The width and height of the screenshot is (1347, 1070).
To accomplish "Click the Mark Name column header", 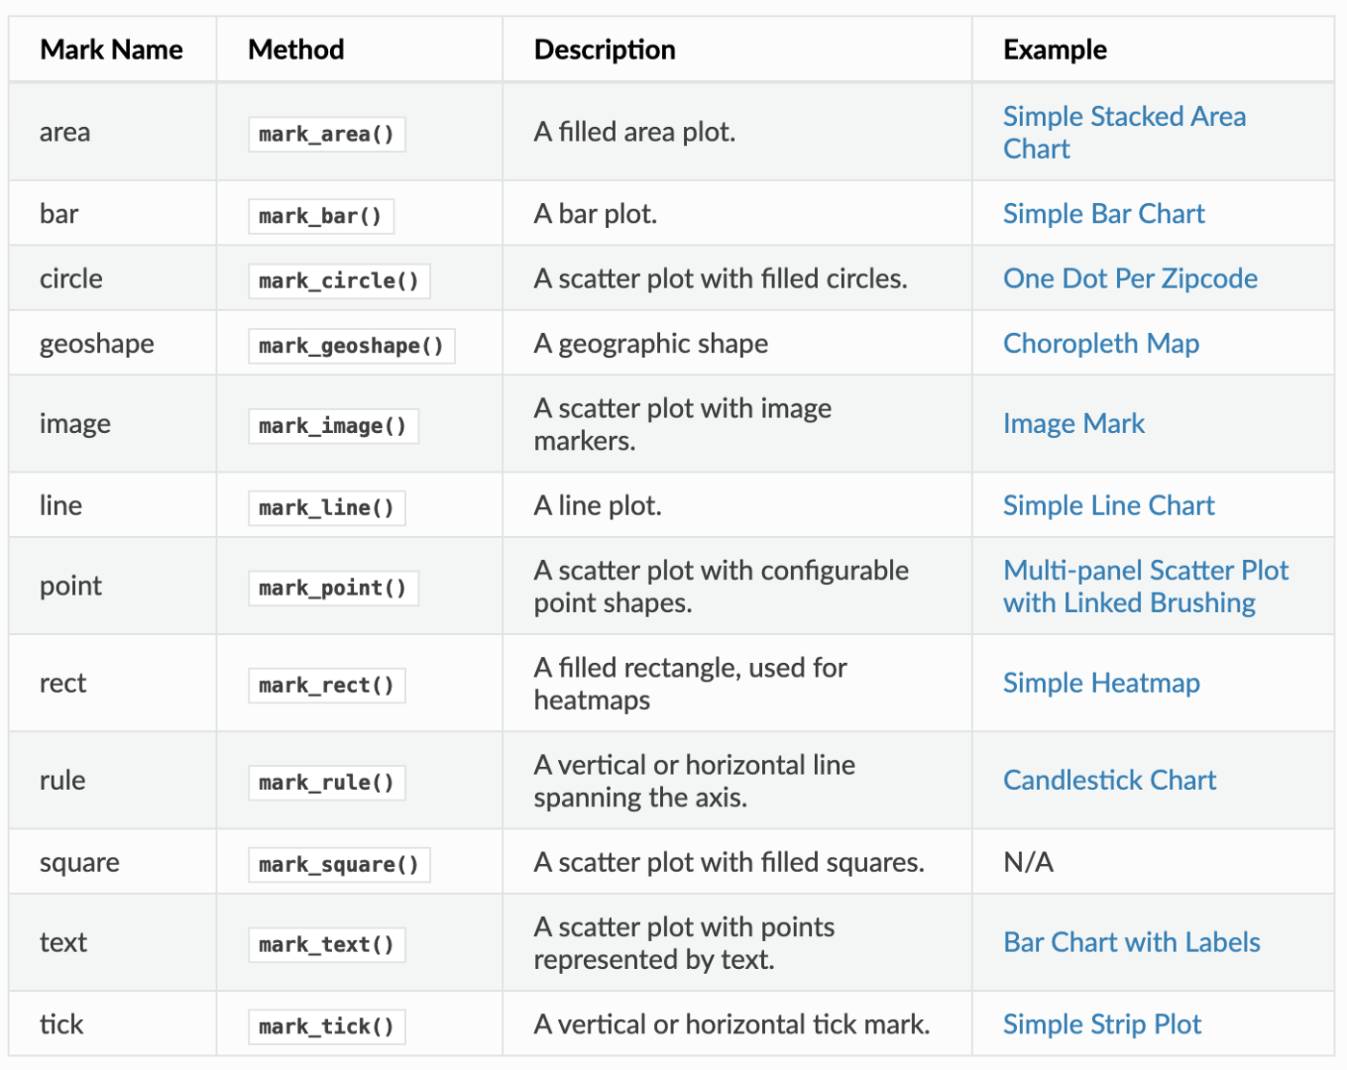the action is tap(112, 49).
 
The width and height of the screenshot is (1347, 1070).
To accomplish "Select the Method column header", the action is tap(295, 49).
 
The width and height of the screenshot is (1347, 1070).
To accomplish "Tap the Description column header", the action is tap(604, 49).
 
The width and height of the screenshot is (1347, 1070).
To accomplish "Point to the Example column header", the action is tap(1055, 49).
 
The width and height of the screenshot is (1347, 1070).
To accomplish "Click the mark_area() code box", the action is tap(326, 134).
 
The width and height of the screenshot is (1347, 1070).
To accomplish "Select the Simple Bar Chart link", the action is tap(1104, 214).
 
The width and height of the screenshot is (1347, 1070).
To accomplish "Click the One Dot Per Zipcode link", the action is tap(1130, 279).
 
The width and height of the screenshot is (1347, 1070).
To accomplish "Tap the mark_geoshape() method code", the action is tap(351, 345).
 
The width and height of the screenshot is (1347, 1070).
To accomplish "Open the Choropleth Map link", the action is tap(1101, 344).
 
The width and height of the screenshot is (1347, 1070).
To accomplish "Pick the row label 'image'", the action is tap(75, 424).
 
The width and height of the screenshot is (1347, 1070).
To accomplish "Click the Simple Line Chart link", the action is tap(1108, 506).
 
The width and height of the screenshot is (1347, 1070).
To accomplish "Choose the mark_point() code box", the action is tap(333, 588).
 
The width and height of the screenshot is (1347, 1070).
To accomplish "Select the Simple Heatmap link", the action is tap(1101, 683).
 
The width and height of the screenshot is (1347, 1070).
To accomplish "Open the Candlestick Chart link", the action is tap(1109, 780).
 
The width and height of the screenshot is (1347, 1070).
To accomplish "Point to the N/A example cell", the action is tap(1028, 862).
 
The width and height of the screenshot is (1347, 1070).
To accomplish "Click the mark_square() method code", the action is tap(339, 864).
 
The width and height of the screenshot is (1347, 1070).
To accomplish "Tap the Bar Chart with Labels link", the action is tap(1131, 943).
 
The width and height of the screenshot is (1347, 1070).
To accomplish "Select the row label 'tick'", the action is tap(62, 1025).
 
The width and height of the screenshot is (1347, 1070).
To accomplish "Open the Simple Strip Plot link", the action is tap(1102, 1025).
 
